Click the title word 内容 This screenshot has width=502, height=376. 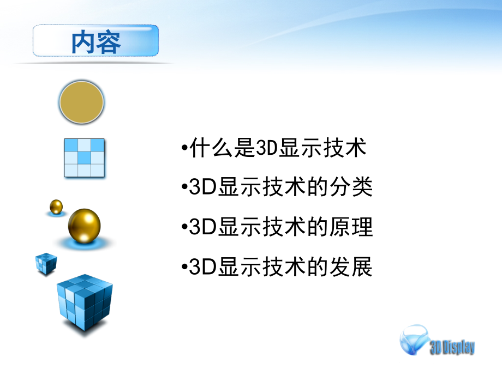(x=96, y=42)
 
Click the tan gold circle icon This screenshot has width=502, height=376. (x=82, y=101)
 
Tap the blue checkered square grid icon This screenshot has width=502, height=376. (x=84, y=157)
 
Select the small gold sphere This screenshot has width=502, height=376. (x=56, y=206)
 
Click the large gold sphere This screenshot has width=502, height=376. (x=85, y=225)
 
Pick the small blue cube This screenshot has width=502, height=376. (x=46, y=263)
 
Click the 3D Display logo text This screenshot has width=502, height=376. (x=452, y=347)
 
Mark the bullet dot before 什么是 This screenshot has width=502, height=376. (x=183, y=148)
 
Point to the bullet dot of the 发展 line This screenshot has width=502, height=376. (x=183, y=268)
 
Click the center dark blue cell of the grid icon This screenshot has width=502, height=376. (x=84, y=157)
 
